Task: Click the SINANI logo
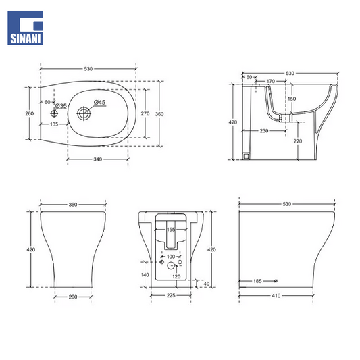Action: [25, 28]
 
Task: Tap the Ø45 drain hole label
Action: [99, 103]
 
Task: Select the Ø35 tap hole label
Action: [61, 106]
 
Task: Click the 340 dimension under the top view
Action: [97, 159]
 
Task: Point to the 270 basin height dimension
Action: [145, 113]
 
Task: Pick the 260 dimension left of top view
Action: [30, 113]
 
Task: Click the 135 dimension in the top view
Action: [54, 124]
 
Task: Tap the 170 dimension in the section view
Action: [271, 81]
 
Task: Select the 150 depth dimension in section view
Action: [292, 99]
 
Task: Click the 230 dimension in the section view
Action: [264, 131]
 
